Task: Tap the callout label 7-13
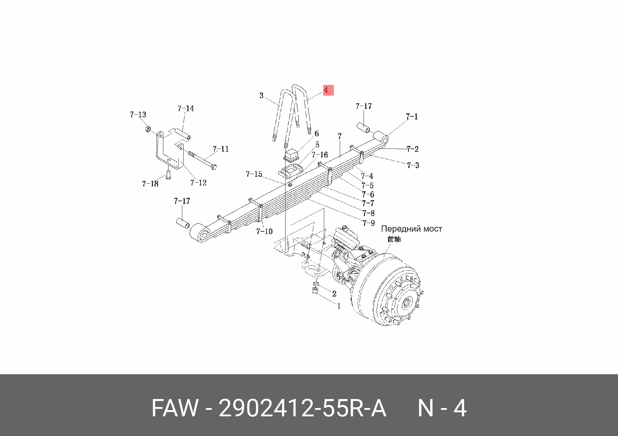(138, 115)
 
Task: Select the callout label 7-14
(186, 108)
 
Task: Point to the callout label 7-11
(221, 149)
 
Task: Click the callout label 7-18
(150, 184)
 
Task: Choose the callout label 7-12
(199, 183)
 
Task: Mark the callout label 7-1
(412, 117)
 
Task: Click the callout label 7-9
(369, 223)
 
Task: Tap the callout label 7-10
(264, 231)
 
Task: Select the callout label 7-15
(254, 174)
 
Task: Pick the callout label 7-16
(320, 155)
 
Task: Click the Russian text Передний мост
(412, 229)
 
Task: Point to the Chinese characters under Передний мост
(394, 239)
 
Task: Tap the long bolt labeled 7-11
(202, 160)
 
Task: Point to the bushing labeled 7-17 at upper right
(363, 127)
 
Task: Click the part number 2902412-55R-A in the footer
(302, 408)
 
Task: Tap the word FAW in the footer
(175, 408)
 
